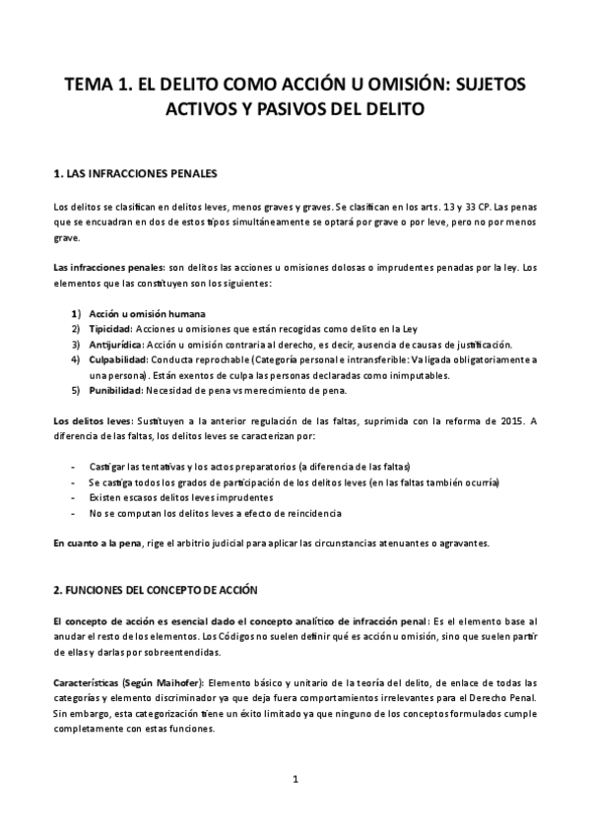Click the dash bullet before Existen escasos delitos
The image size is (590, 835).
click(75, 497)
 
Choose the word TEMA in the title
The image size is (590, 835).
click(90, 85)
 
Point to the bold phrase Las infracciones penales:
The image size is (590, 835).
click(109, 267)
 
